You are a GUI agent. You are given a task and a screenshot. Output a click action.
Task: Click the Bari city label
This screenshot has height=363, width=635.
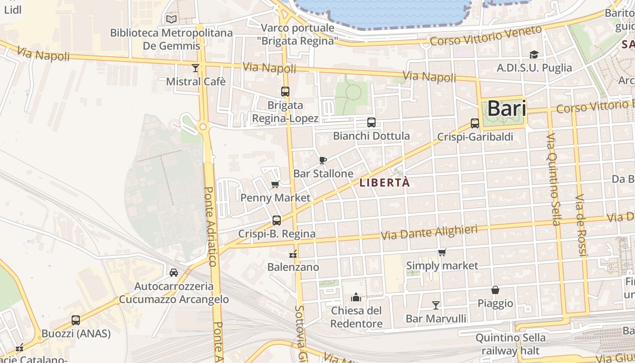(507, 109)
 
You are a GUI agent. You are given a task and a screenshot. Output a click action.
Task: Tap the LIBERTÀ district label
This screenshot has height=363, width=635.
(385, 183)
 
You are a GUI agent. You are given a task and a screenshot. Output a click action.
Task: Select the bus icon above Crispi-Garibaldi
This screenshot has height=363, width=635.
(475, 123)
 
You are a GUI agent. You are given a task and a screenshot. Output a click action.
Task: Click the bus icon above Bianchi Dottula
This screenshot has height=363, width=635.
(371, 122)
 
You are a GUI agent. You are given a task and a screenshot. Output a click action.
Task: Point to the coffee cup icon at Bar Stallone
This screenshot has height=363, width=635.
(322, 160)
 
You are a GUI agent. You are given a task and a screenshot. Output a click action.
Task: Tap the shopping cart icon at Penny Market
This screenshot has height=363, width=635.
(275, 184)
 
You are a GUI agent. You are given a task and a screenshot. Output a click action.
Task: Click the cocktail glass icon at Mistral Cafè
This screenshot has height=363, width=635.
(195, 68)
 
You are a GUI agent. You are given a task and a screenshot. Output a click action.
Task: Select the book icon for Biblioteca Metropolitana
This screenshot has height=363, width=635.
(171, 19)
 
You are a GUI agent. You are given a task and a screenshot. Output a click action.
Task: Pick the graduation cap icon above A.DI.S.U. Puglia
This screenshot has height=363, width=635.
(534, 54)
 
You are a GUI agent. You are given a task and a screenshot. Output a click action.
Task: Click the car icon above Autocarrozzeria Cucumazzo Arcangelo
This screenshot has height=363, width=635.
(174, 272)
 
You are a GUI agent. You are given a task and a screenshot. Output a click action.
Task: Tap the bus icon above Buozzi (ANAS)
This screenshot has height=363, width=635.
(76, 320)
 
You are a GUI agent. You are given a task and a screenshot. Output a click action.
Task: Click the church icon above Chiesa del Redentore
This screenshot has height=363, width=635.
(356, 297)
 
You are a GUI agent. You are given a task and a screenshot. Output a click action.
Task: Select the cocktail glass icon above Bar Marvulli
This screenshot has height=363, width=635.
(436, 305)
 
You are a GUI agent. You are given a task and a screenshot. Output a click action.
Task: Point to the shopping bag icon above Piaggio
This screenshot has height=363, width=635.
(495, 289)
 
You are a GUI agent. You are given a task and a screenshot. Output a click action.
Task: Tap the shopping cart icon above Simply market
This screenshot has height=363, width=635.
(442, 252)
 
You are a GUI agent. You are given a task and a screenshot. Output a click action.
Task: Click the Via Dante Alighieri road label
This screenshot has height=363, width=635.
(429, 232)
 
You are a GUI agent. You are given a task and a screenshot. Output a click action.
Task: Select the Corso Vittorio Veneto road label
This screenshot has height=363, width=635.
(486, 35)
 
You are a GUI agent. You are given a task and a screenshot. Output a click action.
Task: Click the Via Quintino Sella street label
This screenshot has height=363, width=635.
(553, 179)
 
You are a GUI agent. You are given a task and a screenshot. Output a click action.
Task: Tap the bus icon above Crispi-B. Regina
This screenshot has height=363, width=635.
(277, 221)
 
